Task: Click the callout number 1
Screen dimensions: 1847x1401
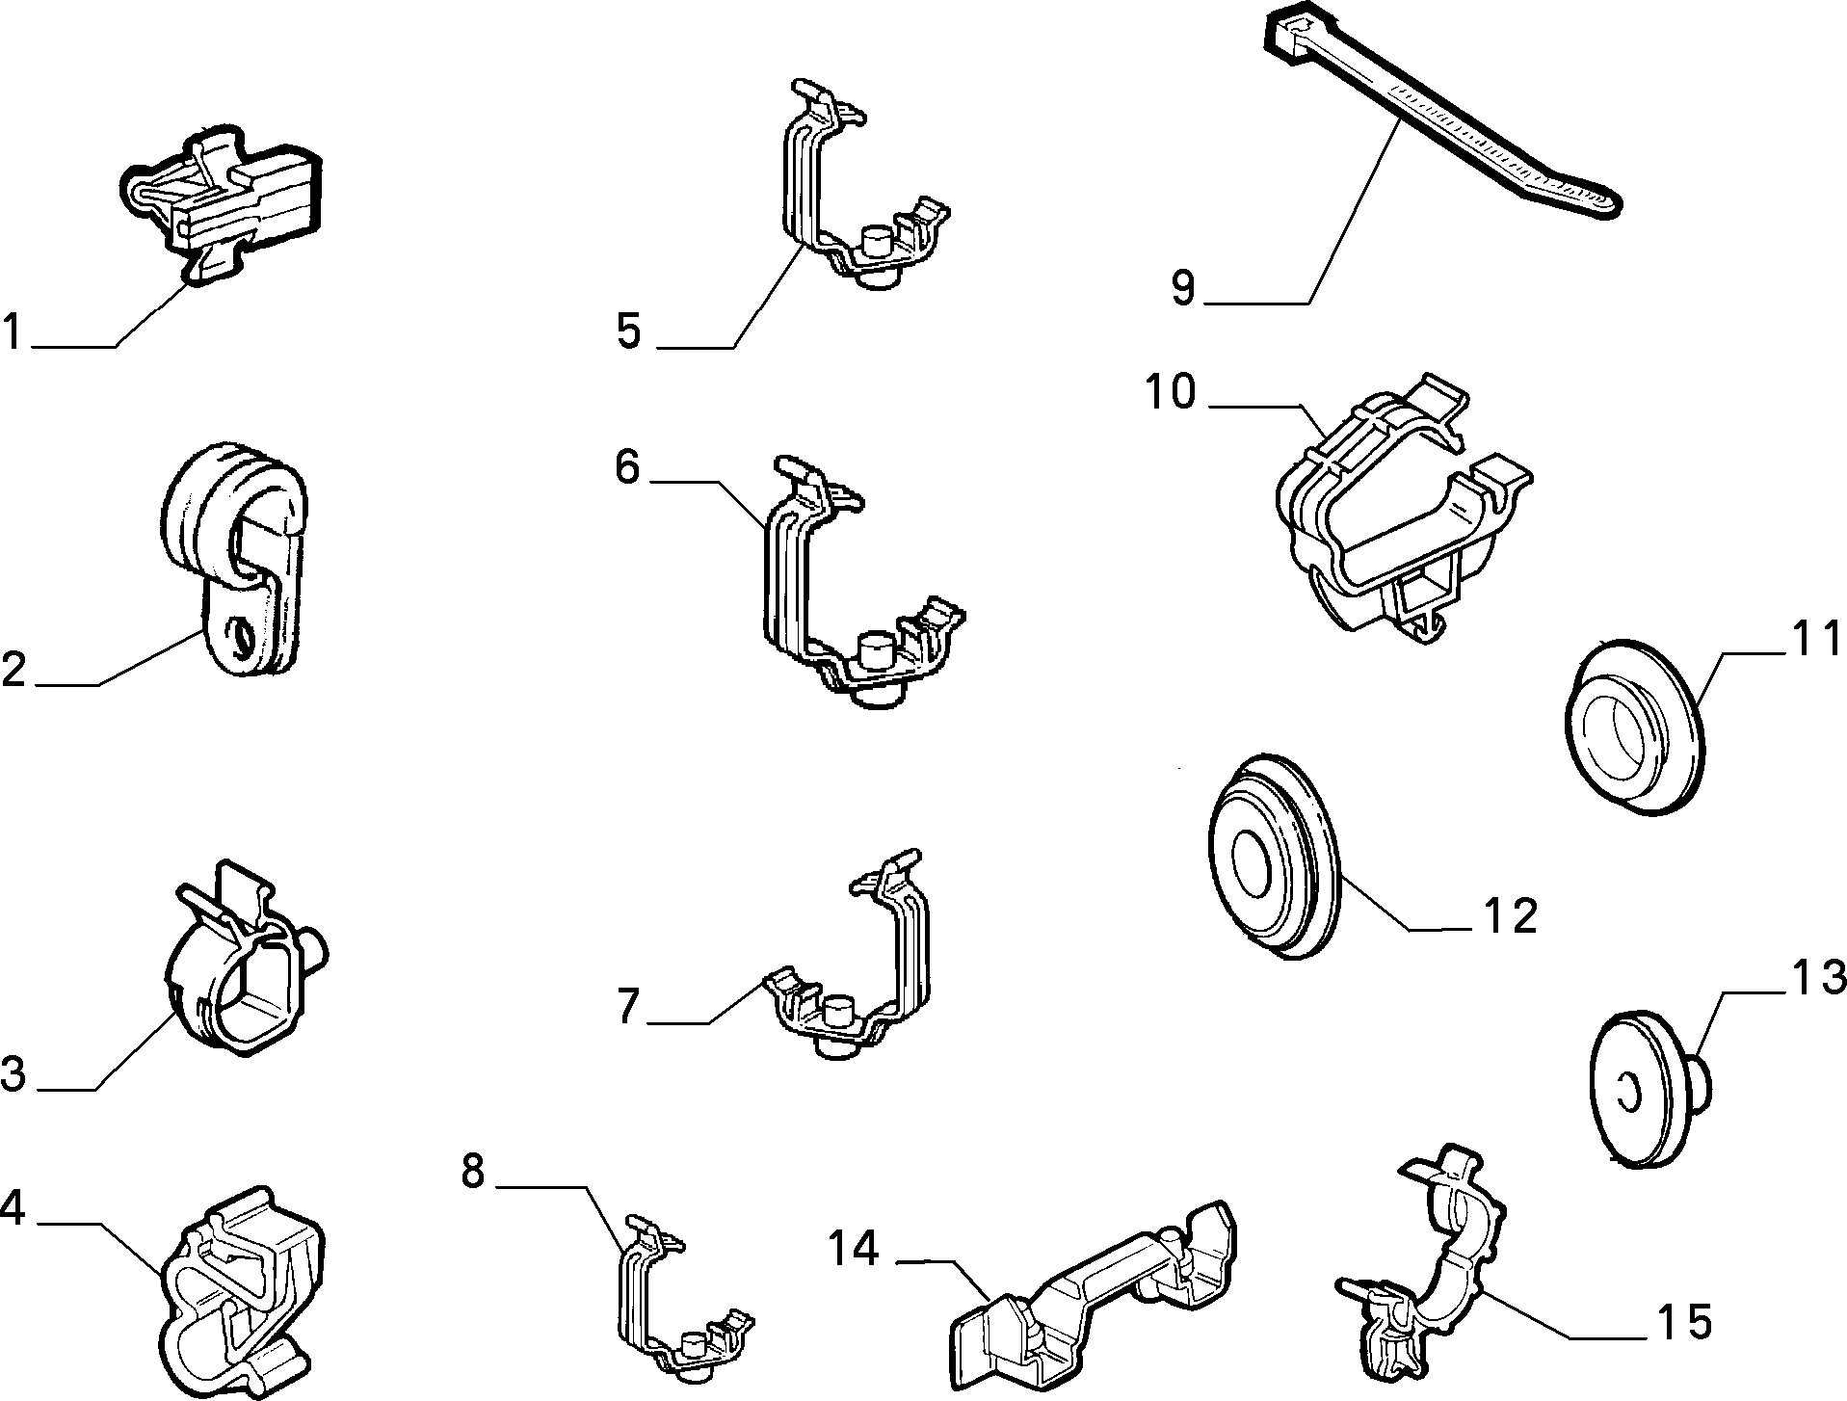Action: coord(13,331)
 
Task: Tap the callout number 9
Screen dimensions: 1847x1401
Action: coord(1183,287)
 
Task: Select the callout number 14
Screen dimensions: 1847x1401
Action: coord(853,1250)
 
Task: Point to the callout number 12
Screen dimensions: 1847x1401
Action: coord(1510,915)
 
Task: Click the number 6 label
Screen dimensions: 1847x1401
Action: coord(627,467)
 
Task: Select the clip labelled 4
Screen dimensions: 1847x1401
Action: coord(243,1293)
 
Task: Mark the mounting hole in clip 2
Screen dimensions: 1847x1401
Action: coord(242,635)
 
